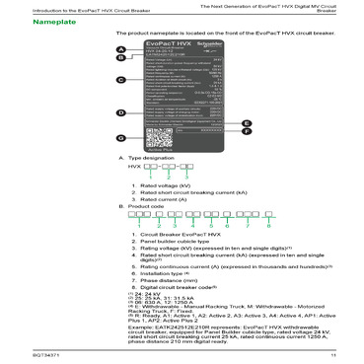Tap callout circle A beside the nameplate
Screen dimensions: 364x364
(x=120, y=50)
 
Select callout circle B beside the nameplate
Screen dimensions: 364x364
(x=120, y=59)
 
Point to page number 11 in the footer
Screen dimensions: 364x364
(x=333, y=353)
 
